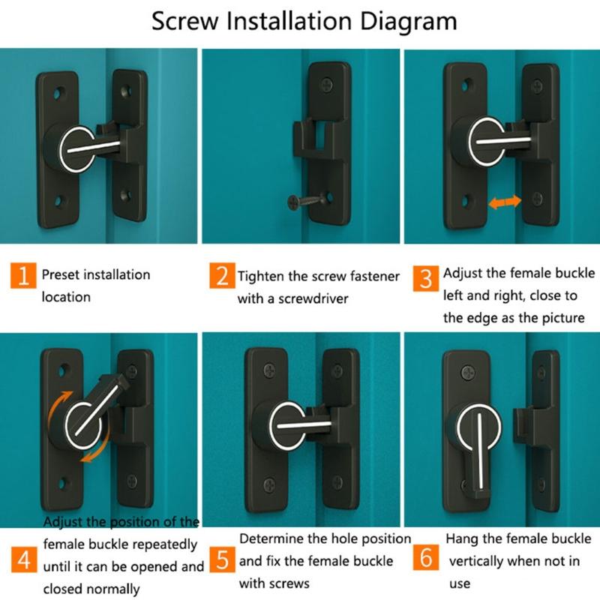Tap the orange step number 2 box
[x=222, y=277]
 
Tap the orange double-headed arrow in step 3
[x=502, y=202]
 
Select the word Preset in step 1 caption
[x=60, y=275]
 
